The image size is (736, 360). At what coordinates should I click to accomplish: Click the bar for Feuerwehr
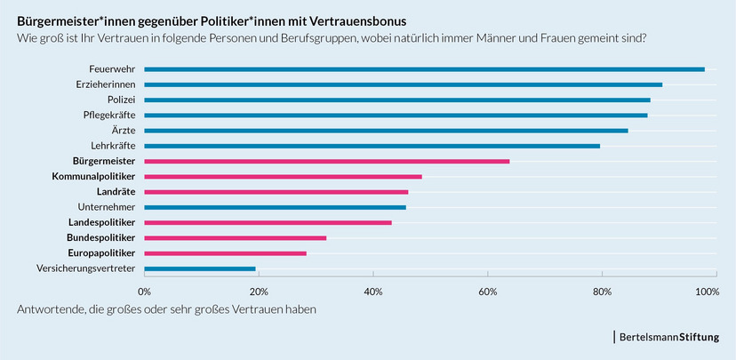tap(424, 69)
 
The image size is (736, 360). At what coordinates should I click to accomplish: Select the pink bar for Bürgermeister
tap(326, 161)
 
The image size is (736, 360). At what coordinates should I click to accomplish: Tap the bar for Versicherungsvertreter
tap(200, 268)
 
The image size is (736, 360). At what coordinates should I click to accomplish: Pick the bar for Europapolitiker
tap(225, 253)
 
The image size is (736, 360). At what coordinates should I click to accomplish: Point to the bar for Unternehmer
tap(275, 207)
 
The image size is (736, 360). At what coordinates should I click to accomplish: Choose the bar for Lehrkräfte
tap(372, 146)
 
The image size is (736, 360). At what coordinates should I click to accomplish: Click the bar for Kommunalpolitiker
tap(283, 177)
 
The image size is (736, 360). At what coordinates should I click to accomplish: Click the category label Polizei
tap(121, 100)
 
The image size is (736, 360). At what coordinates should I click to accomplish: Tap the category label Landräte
tap(116, 192)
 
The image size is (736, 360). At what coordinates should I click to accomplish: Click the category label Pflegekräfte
tap(108, 116)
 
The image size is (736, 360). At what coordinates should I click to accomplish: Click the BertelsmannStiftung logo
tap(674, 338)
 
